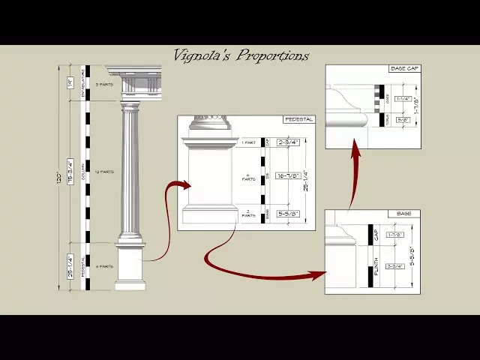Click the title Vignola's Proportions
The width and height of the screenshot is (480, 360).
coord(241,55)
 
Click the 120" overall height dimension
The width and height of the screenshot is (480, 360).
coord(59,180)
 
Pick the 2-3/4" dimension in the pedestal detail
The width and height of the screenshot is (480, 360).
coord(289,142)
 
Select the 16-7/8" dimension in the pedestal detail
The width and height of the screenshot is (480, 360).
coord(289,176)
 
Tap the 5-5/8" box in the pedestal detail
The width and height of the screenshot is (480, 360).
coord(289,213)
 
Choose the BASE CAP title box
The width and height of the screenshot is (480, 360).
coord(404,69)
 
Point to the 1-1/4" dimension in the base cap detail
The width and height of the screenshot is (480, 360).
coord(403,98)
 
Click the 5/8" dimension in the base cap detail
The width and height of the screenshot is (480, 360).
coord(403,119)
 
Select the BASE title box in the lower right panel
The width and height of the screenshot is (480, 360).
coord(404,214)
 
